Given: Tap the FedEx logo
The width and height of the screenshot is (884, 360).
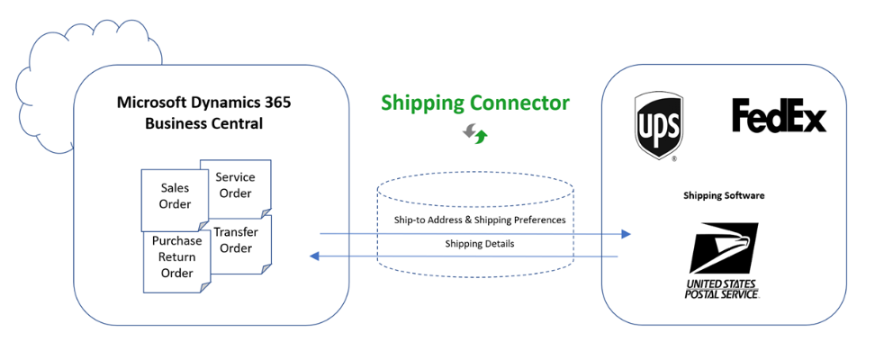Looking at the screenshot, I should click(779, 117).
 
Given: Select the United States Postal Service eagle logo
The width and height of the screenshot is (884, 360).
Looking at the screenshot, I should click(724, 248).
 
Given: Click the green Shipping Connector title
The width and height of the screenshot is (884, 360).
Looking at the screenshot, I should click(474, 103).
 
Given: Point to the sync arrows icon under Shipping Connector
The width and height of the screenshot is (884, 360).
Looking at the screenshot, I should click(475, 135).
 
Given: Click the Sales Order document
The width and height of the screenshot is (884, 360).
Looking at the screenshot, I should click(175, 196).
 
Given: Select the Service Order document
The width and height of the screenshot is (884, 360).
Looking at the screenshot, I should click(235, 185).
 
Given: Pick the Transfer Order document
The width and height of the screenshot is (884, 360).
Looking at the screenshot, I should click(236, 240).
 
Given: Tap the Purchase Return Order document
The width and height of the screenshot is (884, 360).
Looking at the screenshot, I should click(176, 257).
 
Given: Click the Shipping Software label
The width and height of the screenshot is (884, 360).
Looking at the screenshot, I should click(724, 195).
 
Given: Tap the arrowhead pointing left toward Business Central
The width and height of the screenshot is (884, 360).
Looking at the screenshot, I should click(314, 256).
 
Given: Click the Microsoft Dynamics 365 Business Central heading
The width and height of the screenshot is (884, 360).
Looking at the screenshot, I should click(204, 112).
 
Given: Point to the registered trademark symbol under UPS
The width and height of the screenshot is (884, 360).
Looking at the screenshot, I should click(674, 159).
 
